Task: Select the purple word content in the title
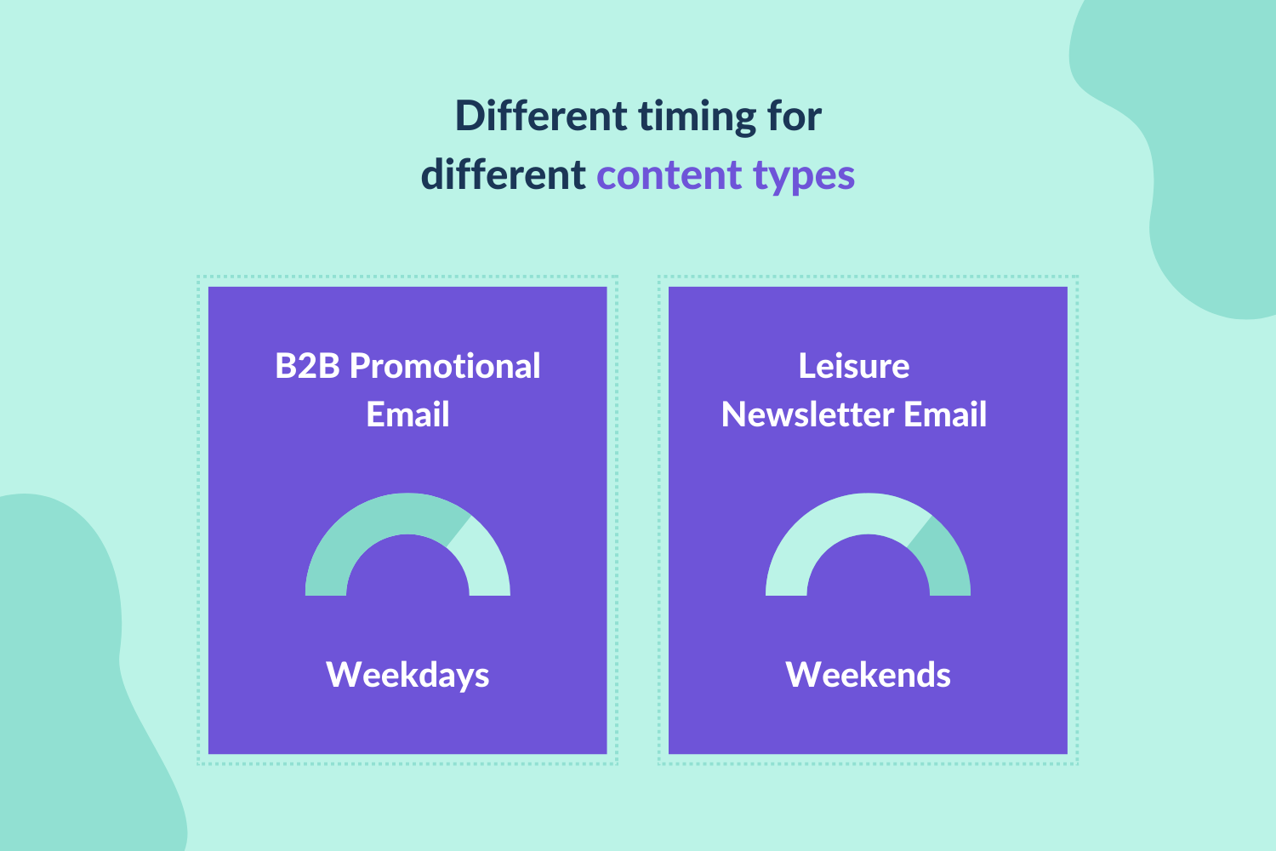(x=669, y=175)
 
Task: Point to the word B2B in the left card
(x=307, y=366)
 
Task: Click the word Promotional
(x=445, y=366)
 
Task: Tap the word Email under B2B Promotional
(x=407, y=414)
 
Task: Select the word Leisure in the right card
(x=854, y=366)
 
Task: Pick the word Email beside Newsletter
(x=945, y=414)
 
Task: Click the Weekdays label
(x=407, y=675)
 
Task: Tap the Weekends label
(x=868, y=675)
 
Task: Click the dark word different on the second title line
(x=503, y=175)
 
